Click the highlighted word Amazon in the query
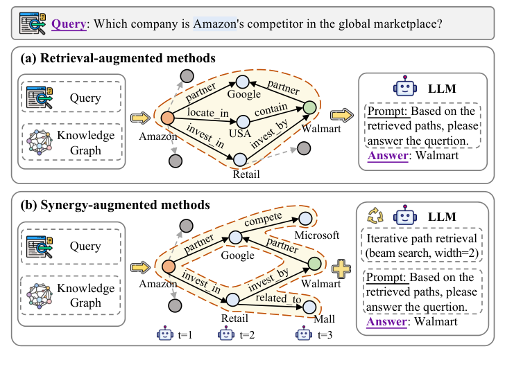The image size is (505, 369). click(x=215, y=24)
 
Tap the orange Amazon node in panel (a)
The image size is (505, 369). click(x=167, y=118)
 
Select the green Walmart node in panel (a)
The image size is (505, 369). click(x=310, y=108)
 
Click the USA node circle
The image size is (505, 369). click(x=243, y=122)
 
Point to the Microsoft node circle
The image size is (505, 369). click(x=305, y=219)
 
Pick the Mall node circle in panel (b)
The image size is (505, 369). click(x=309, y=307)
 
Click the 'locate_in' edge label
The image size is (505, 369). click(x=208, y=112)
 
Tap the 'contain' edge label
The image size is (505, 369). click(x=271, y=109)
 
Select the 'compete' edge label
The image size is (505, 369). click(x=263, y=219)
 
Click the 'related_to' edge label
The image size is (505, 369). click(x=278, y=298)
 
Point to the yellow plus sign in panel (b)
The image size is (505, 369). click(x=341, y=269)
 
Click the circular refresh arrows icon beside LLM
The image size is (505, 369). click(x=375, y=215)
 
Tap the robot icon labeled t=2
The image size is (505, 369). click(x=226, y=334)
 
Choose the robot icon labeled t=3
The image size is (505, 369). click(x=304, y=334)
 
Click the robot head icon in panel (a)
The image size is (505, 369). click(x=405, y=86)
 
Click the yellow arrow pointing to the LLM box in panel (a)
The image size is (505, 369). click(x=342, y=115)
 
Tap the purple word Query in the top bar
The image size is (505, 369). click(x=69, y=24)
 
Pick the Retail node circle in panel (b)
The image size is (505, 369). click(x=232, y=300)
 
